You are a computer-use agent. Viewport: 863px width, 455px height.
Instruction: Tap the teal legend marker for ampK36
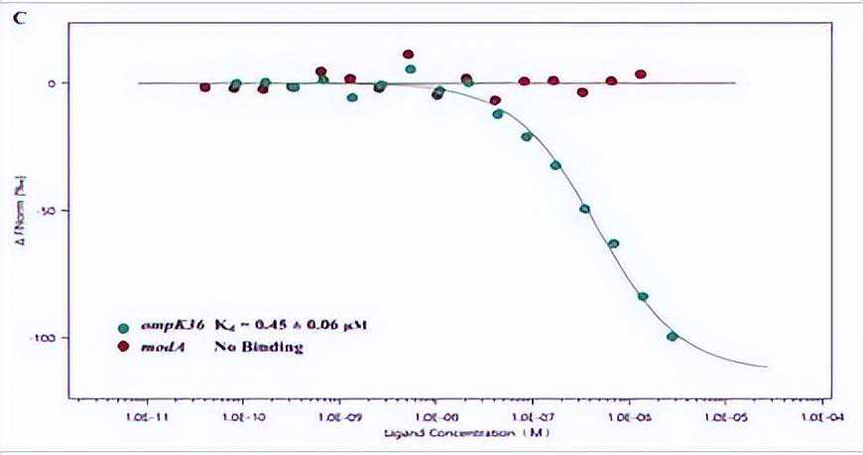pos(123,326)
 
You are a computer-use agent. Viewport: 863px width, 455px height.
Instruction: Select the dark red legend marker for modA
pos(123,347)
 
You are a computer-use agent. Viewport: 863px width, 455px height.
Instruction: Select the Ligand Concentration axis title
pos(456,435)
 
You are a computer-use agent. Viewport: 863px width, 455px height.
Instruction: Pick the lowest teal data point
pos(672,337)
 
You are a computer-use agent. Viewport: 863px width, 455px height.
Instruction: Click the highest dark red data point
pos(409,55)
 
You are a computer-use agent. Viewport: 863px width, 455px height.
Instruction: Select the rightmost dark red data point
pos(641,75)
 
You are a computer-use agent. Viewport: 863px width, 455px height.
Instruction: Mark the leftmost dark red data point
pos(205,87)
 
